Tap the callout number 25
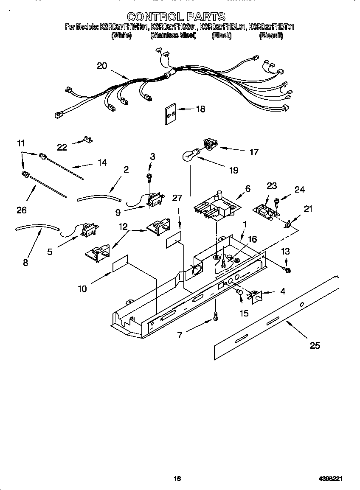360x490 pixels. pyautogui.click(x=315, y=345)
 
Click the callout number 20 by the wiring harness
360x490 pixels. pyautogui.click(x=102, y=66)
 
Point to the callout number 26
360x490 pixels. pyautogui.click(x=22, y=210)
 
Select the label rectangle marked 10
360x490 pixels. pyautogui.click(x=120, y=264)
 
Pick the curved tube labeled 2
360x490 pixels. pyautogui.click(x=99, y=196)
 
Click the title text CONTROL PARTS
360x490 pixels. pyautogui.click(x=176, y=17)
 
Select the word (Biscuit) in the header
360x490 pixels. pyautogui.click(x=271, y=36)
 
